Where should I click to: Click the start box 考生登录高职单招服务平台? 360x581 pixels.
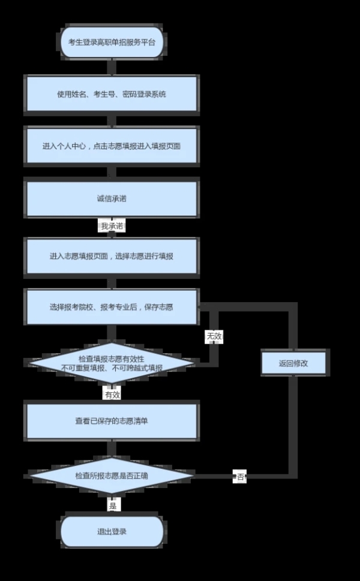click(x=112, y=42)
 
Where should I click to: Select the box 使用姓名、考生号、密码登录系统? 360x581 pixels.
click(x=112, y=94)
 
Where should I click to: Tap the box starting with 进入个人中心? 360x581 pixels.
click(x=112, y=146)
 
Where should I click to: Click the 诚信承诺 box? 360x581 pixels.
click(x=112, y=198)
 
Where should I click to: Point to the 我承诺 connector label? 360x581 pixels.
click(x=112, y=225)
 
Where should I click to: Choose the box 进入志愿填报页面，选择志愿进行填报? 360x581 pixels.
click(x=112, y=256)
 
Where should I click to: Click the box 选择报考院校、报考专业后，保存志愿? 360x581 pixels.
click(x=112, y=307)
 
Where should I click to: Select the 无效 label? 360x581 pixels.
click(x=214, y=336)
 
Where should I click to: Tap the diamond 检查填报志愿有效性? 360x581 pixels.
click(x=112, y=363)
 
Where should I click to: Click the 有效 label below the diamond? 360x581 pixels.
click(x=112, y=395)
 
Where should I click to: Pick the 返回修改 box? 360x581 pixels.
click(x=293, y=363)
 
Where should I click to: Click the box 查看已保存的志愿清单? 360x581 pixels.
click(x=112, y=422)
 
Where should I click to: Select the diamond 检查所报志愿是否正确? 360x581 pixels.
click(x=112, y=475)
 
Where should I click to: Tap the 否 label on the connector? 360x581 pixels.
click(x=240, y=477)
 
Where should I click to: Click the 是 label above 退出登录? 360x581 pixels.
click(x=113, y=506)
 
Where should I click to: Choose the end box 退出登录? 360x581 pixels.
click(x=112, y=531)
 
